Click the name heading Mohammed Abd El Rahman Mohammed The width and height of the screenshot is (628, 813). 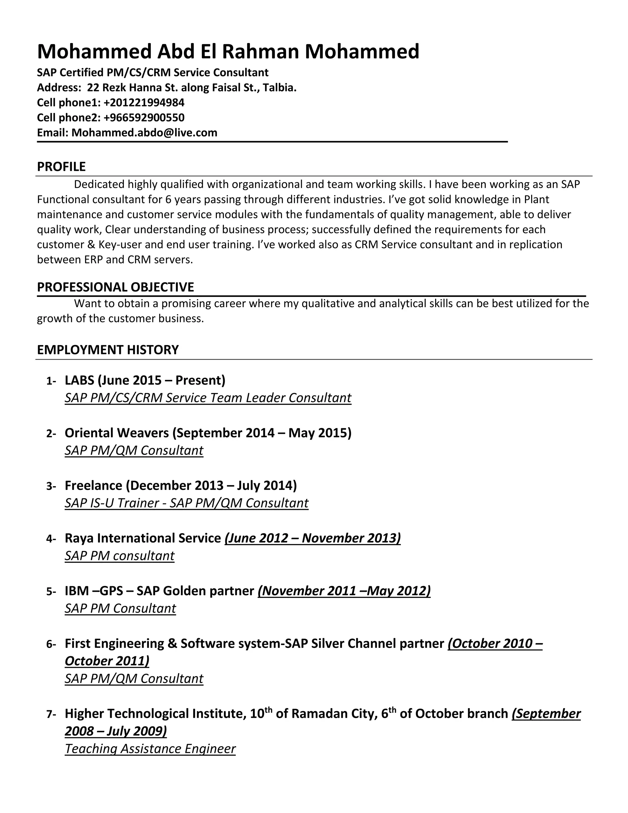click(228, 51)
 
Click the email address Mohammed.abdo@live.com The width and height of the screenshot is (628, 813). click(144, 133)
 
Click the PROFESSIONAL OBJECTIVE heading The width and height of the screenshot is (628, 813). click(115, 287)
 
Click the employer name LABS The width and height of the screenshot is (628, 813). click(79, 380)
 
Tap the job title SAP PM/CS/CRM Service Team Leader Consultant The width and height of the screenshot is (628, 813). click(208, 398)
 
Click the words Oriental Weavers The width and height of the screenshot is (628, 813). click(117, 433)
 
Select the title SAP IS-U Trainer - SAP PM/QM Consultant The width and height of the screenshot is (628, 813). click(186, 503)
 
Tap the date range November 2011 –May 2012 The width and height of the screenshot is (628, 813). click(344, 591)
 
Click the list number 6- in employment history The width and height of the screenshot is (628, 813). click(51, 644)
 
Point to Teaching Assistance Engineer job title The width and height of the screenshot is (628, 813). click(150, 749)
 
